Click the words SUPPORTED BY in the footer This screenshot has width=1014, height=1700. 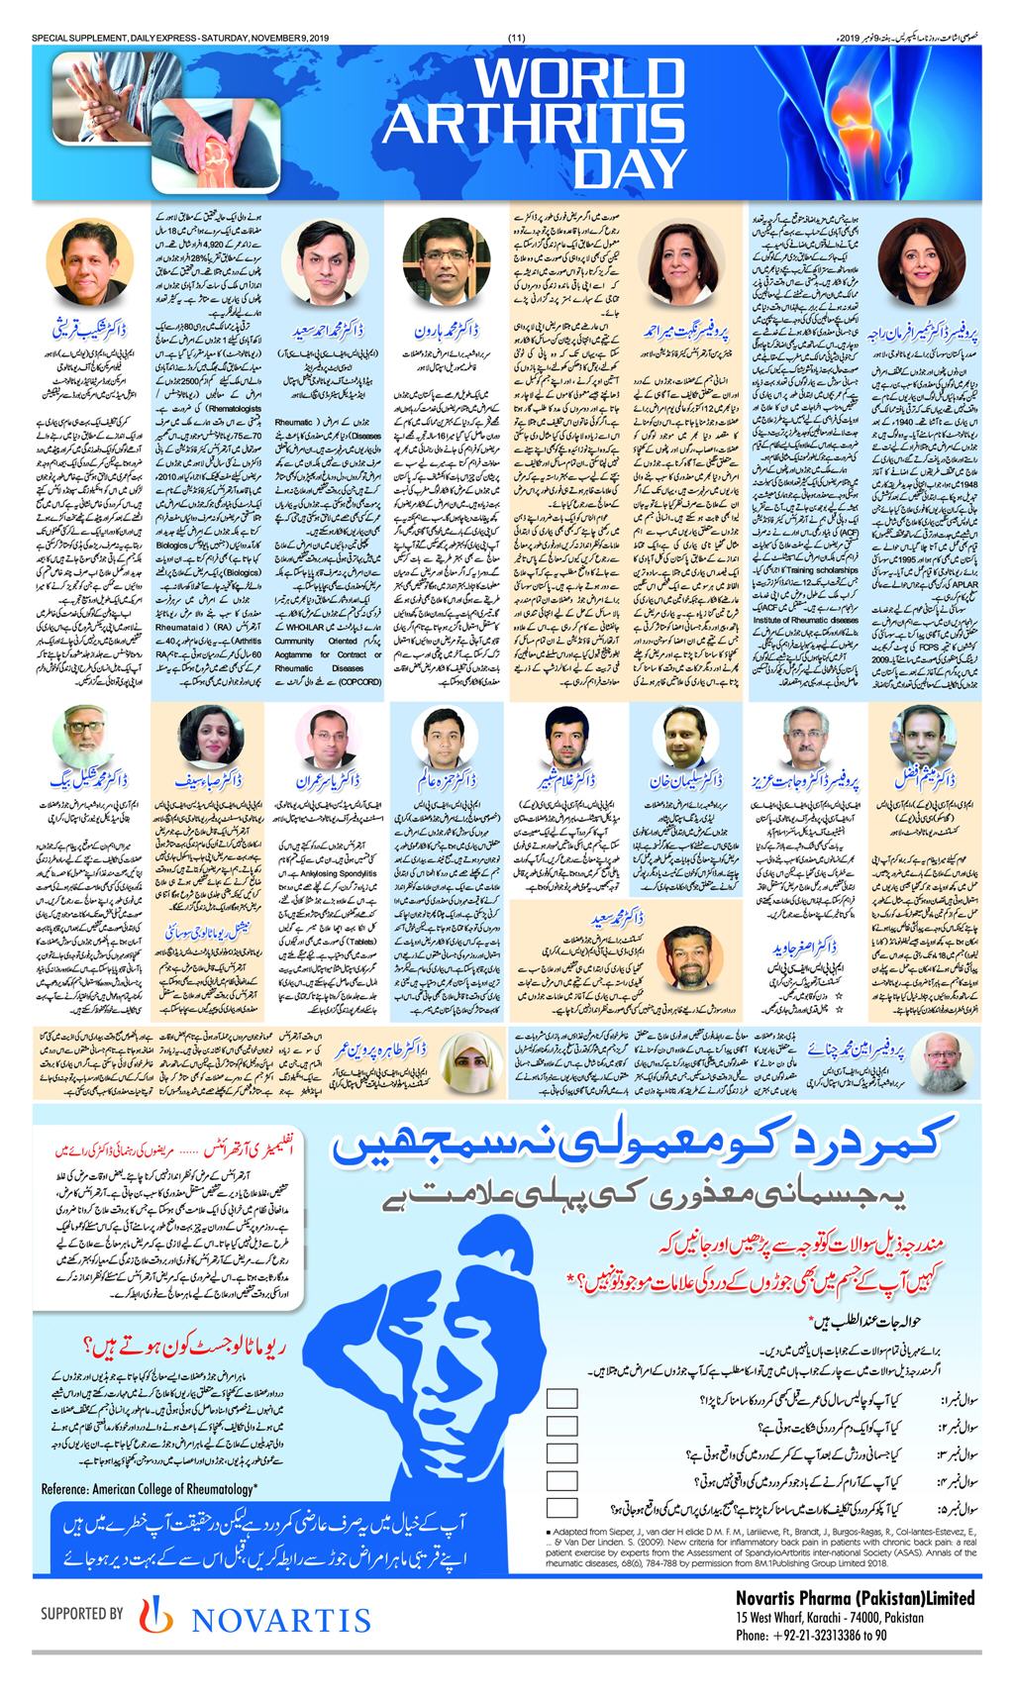81,1614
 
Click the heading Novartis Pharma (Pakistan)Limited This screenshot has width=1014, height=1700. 855,1598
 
